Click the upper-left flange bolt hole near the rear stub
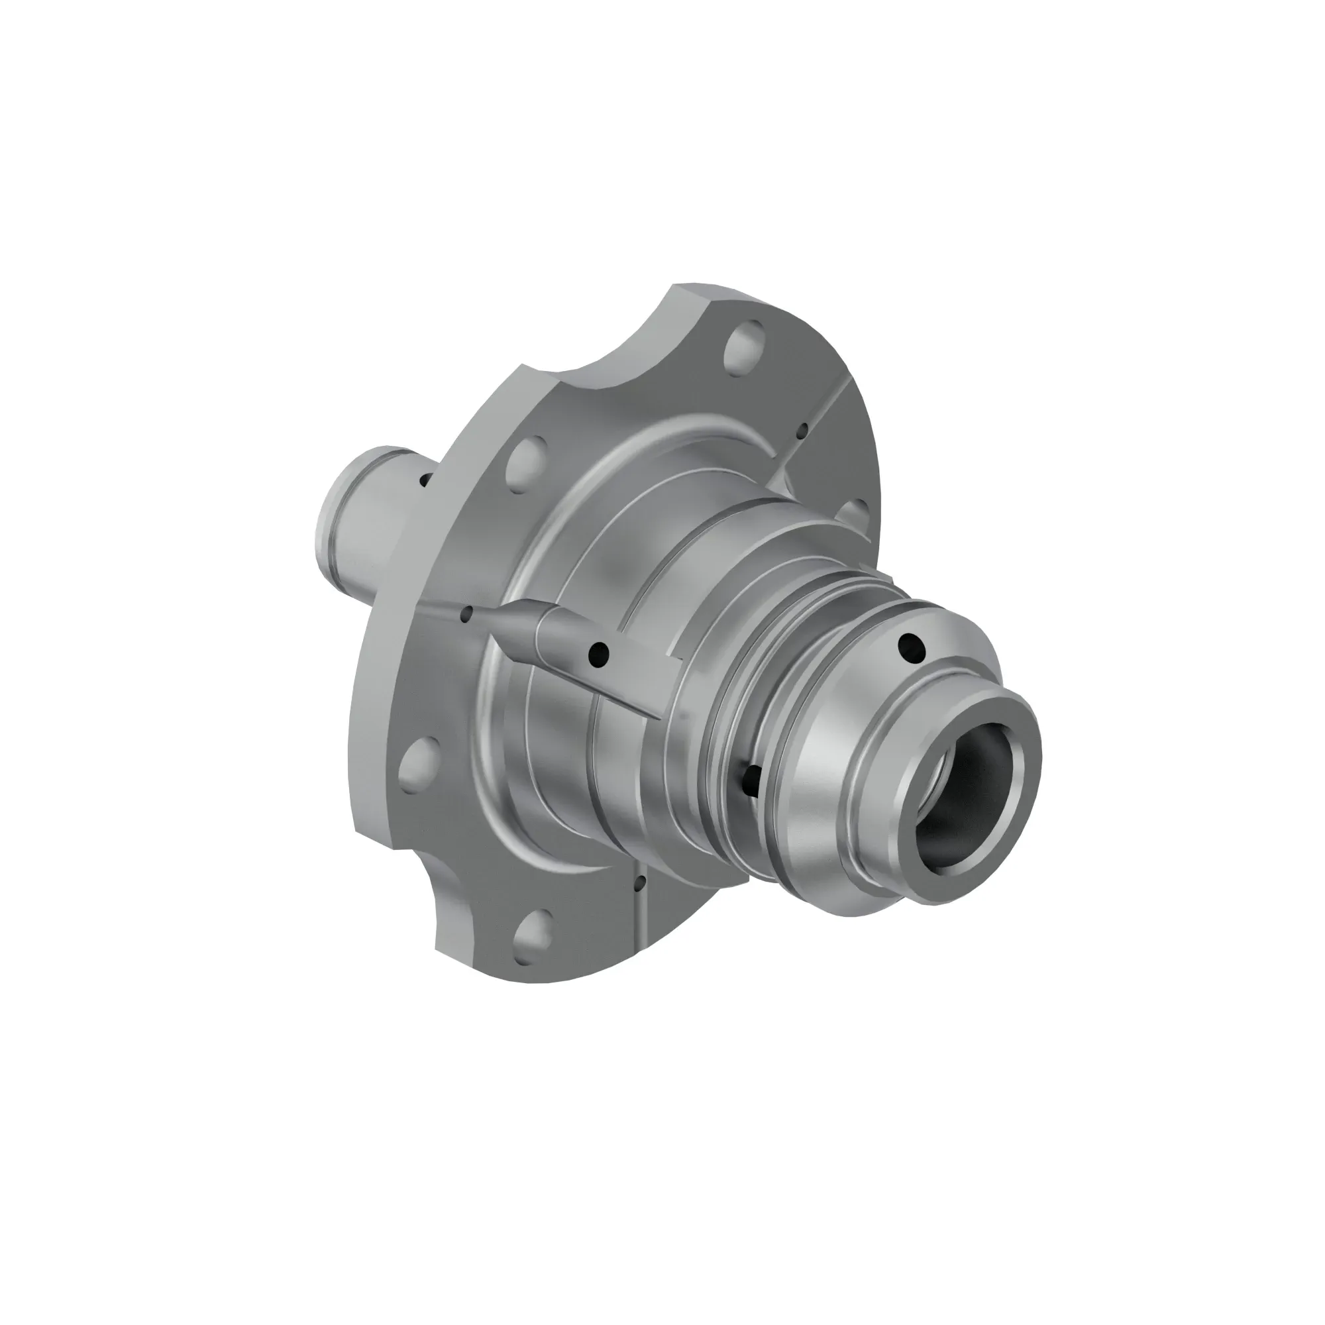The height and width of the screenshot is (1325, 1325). [x=527, y=461]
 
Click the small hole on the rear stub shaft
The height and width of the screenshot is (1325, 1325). [x=425, y=480]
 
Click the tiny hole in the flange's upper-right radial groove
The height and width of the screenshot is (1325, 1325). [x=802, y=431]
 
